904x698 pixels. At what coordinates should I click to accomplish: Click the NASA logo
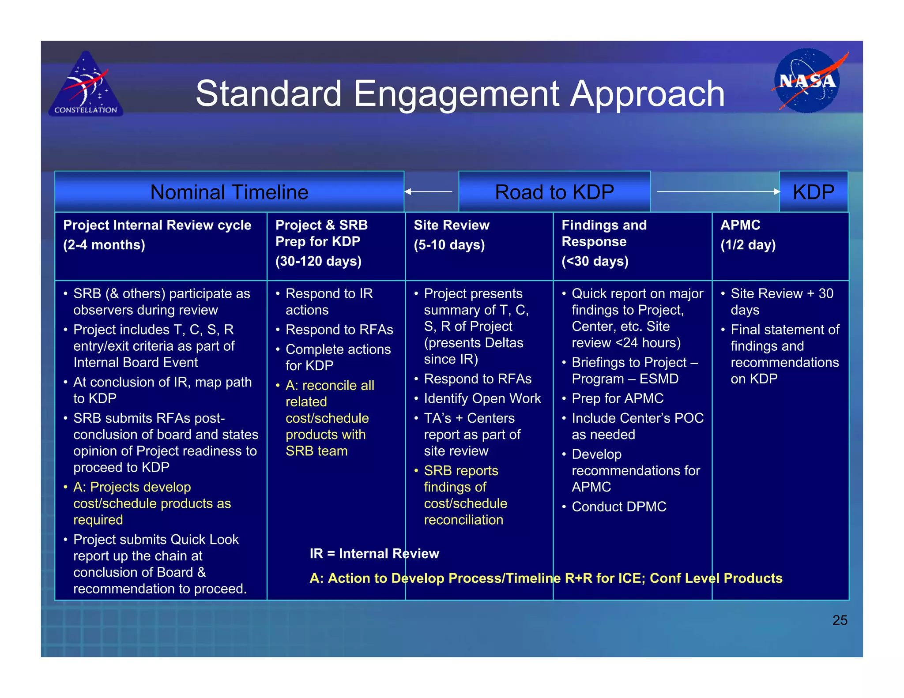coord(807,81)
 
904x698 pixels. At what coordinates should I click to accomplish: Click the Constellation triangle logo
coord(86,85)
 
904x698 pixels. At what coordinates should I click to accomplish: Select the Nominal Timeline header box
coord(229,192)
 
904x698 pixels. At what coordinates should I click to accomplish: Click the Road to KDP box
coord(554,192)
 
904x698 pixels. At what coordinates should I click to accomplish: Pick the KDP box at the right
coord(813,192)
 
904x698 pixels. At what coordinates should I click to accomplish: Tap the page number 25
coord(840,620)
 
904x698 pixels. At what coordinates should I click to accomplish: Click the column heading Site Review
coord(452,225)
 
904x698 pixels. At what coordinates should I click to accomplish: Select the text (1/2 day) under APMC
coord(748,245)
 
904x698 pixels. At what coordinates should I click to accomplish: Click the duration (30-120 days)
coord(318,261)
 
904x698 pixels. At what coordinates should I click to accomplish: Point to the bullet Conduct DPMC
coord(619,507)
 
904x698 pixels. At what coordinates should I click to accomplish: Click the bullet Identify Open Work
coord(482,398)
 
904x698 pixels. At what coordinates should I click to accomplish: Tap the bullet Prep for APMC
coord(618,398)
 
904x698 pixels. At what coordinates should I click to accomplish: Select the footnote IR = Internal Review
coord(374,554)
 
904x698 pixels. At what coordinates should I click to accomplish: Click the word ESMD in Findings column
coord(659,379)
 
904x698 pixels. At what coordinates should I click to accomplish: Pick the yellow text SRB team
coord(316,451)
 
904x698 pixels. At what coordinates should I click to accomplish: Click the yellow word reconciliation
coord(463,520)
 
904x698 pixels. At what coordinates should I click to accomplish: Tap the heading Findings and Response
coord(604,233)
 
